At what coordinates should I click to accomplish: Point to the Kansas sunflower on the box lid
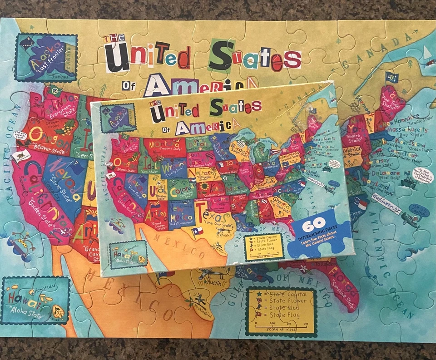coord(205,187)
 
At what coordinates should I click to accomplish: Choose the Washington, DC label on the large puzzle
coord(387,203)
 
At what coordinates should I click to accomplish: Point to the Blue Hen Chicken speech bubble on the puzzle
coord(422,175)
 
